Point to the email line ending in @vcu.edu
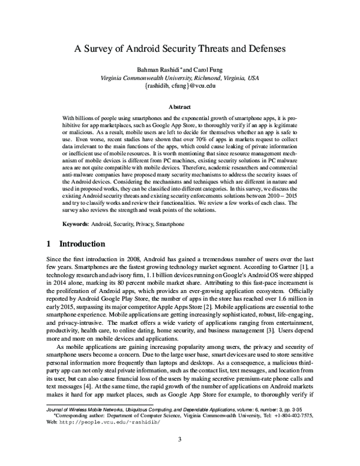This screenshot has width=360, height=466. tap(179, 86)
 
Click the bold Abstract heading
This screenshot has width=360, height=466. tap(179, 107)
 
